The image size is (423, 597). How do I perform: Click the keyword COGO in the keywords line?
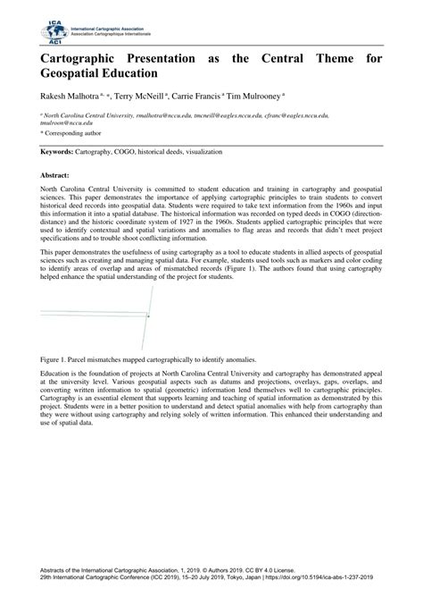tap(129, 153)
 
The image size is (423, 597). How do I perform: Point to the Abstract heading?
tap(54, 177)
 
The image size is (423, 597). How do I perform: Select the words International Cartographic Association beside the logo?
tap(109, 25)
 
